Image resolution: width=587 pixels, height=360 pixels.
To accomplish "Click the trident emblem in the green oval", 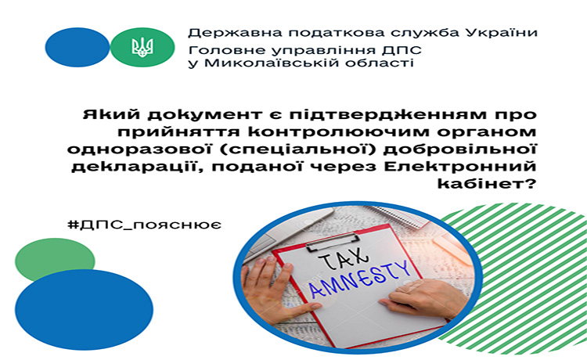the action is point(142,48).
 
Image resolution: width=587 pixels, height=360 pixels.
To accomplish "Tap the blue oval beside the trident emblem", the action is point(77,47).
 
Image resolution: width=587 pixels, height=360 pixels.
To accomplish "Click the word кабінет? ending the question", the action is point(487,184).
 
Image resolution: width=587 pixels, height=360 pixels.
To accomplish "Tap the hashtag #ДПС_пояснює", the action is point(144,225).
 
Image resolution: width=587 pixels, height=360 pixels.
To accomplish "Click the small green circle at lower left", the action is point(55,259).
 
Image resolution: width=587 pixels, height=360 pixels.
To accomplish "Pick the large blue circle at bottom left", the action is point(85,310).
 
